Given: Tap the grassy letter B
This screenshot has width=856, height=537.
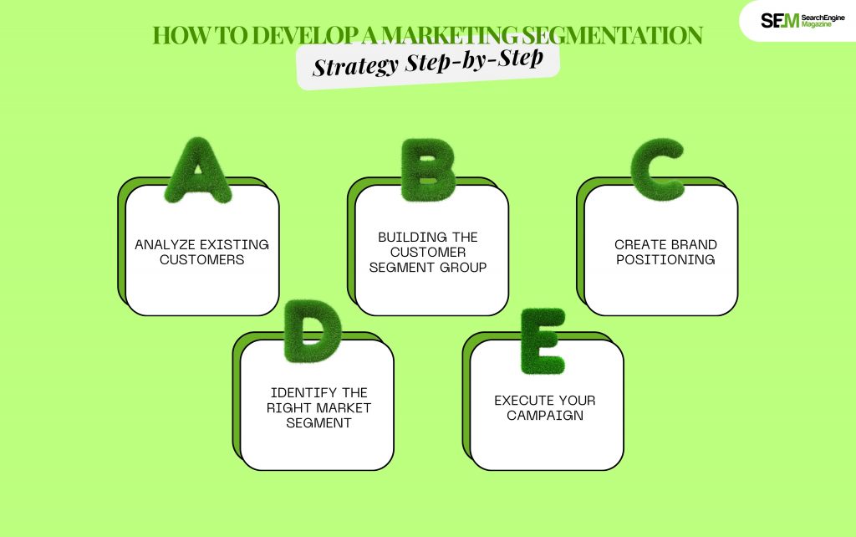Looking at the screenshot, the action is [428, 170].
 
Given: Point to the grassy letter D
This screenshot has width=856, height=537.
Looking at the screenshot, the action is [313, 331].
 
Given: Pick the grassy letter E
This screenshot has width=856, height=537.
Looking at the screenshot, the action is [542, 341].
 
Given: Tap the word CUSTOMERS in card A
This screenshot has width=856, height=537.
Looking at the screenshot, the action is [202, 259].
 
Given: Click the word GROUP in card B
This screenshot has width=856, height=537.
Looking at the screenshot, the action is [463, 267].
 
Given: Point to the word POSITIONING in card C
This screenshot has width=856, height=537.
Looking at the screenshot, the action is [665, 259].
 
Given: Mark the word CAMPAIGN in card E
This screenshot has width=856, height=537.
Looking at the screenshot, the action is [545, 415].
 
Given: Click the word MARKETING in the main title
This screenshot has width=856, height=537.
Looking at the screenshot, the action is [449, 35].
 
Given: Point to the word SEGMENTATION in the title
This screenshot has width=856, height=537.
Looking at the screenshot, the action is [612, 35].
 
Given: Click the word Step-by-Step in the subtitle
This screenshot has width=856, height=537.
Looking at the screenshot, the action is [475, 60].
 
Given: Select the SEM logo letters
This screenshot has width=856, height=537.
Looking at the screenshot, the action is [780, 21].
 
